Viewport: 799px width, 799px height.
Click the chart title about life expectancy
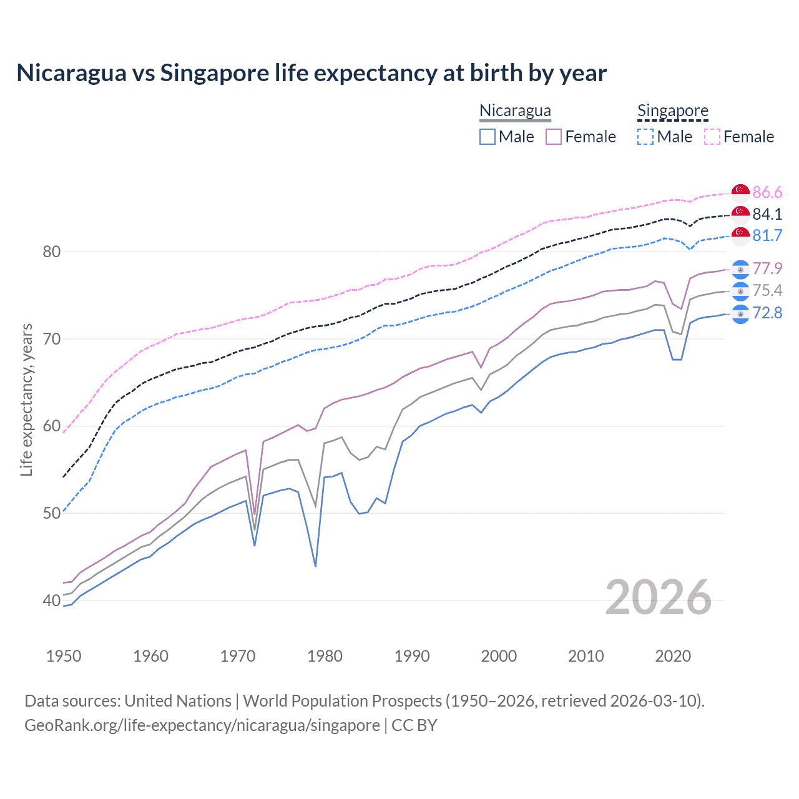click(x=311, y=73)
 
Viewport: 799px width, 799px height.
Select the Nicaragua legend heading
click(x=515, y=110)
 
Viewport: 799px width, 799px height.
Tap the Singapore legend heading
click(x=672, y=110)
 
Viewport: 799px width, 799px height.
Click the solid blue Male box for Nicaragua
click(x=488, y=137)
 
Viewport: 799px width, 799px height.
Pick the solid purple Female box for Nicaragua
click(x=554, y=137)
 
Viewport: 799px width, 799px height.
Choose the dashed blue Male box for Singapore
click(x=645, y=137)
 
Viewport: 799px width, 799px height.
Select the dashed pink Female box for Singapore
click(x=712, y=137)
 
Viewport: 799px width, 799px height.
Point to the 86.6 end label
click(x=767, y=192)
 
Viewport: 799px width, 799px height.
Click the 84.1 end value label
click(x=767, y=214)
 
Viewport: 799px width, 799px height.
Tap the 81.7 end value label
click(x=767, y=235)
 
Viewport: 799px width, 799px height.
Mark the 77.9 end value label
click(x=767, y=268)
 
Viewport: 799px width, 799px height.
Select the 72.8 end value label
click(x=767, y=313)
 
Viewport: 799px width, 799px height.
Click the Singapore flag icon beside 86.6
click(x=740, y=192)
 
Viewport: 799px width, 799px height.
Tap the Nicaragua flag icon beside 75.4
click(x=740, y=291)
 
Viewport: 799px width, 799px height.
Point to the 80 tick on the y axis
click(x=51, y=252)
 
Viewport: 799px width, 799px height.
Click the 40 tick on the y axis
click(x=51, y=601)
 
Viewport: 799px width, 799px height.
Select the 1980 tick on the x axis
click(x=325, y=656)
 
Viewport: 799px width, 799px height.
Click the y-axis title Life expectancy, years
click(x=26, y=399)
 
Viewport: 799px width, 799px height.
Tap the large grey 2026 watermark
click(x=658, y=597)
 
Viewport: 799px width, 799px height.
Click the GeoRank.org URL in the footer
click(x=202, y=725)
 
